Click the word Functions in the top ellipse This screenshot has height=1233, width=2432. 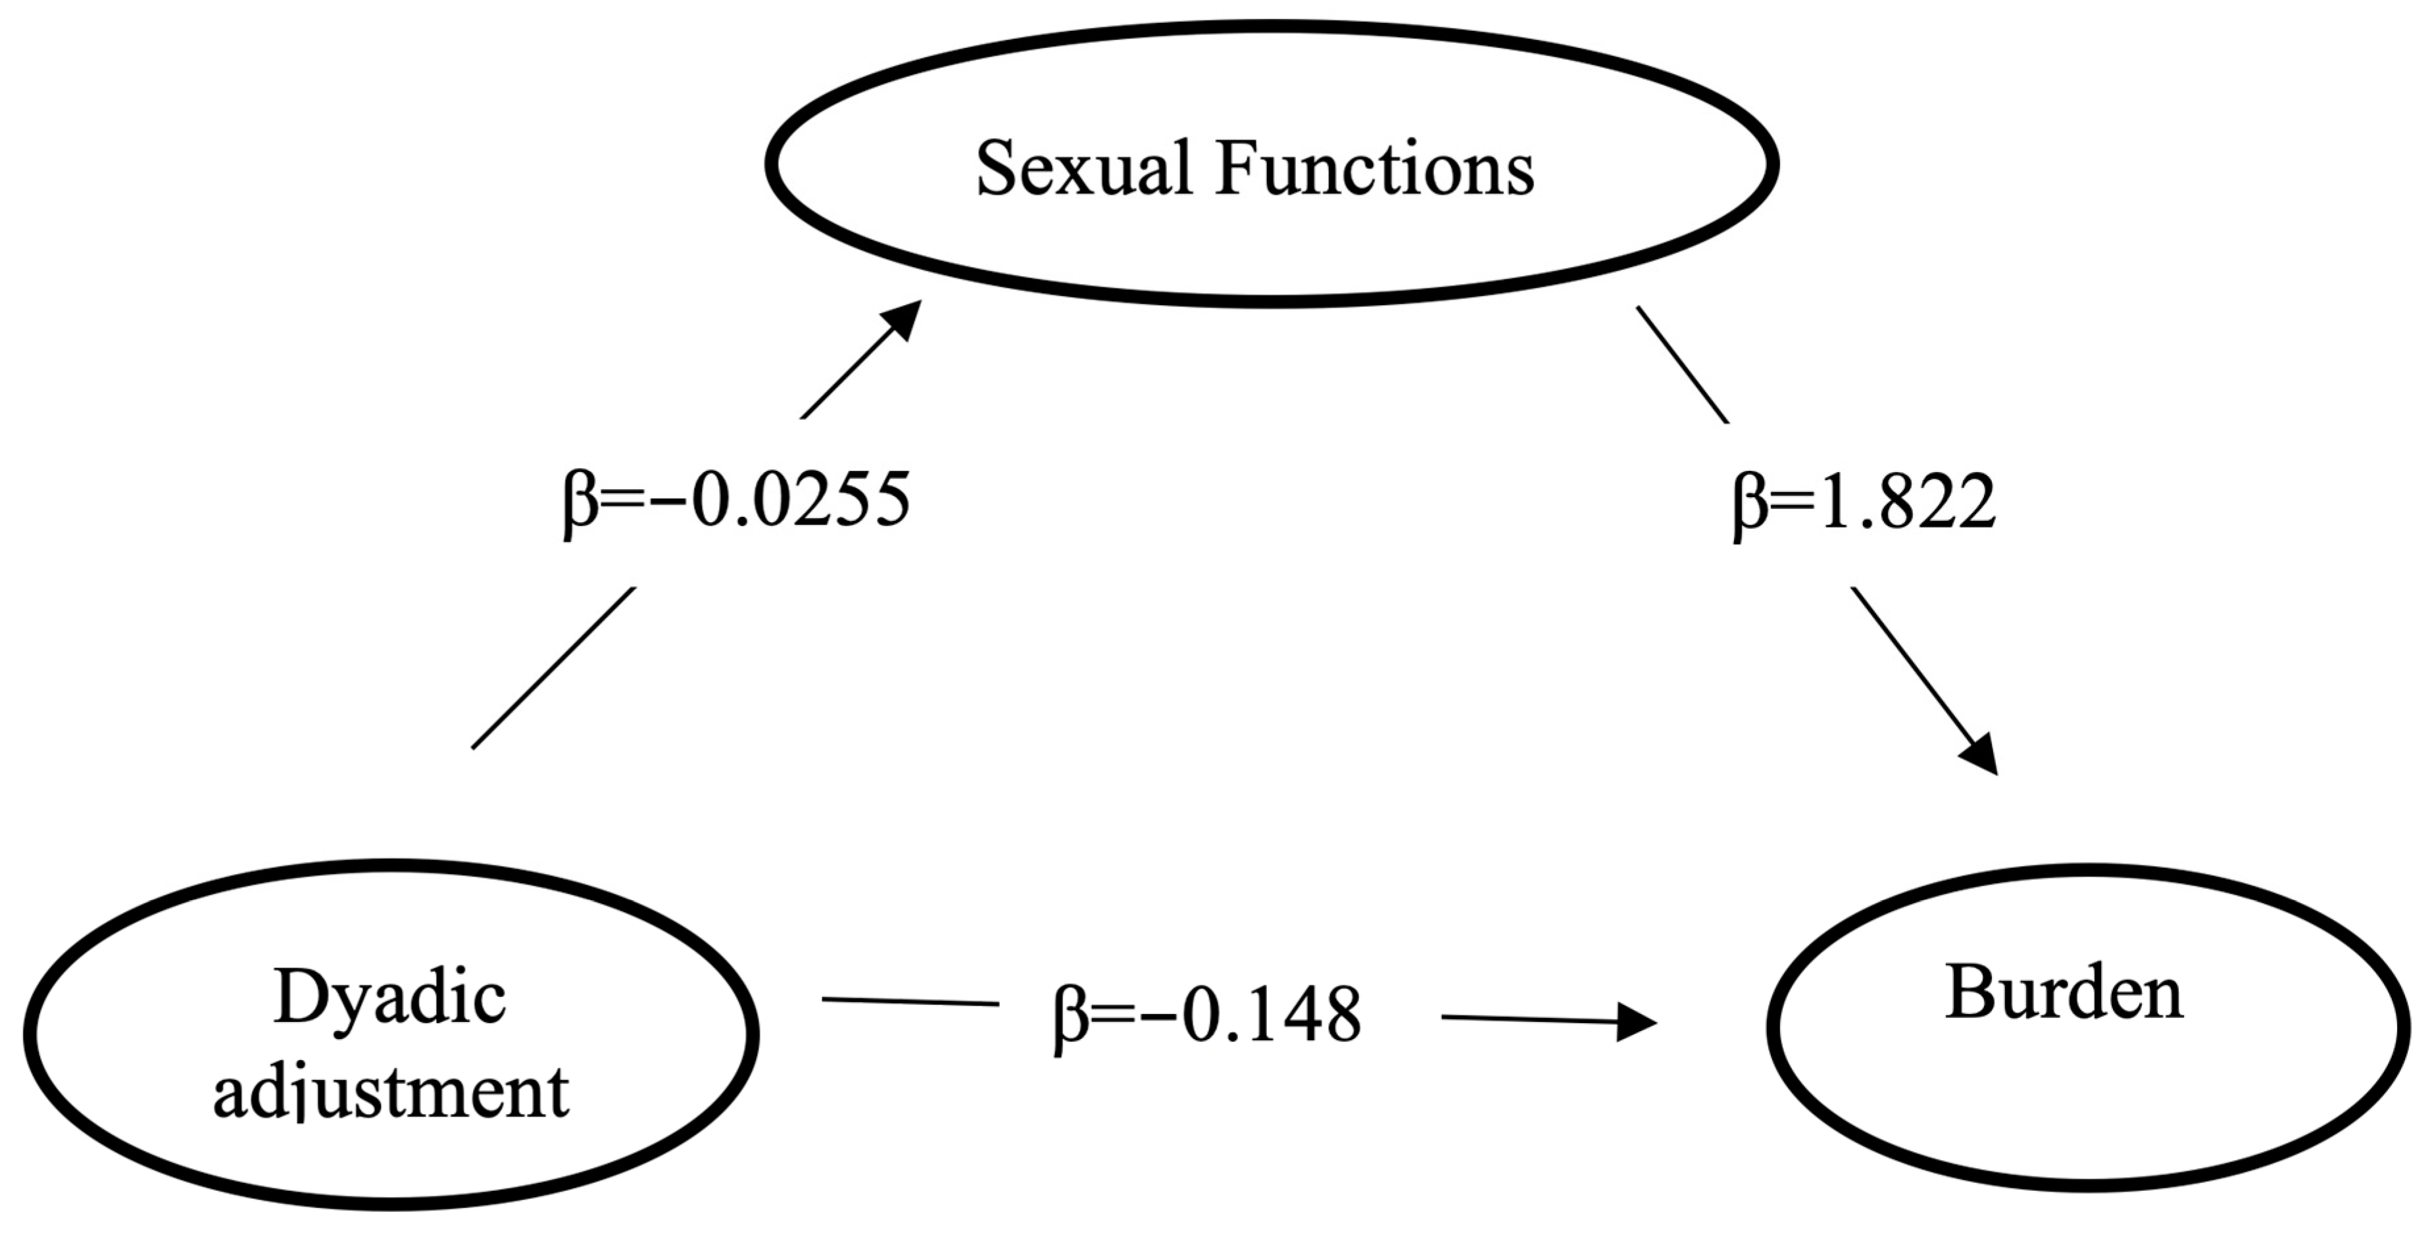tap(1376, 169)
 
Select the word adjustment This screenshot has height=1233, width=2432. tap(391, 1092)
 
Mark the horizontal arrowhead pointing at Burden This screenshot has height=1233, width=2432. tap(1635, 1021)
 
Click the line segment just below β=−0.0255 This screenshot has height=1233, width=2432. tap(553, 668)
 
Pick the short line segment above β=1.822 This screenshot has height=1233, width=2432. tap(1682, 364)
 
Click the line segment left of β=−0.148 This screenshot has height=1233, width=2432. tap(910, 1001)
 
